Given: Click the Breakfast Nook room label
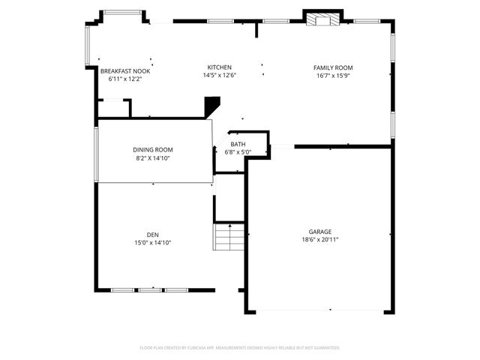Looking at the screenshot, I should [124, 70].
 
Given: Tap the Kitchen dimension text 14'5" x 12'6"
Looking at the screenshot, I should [219, 75].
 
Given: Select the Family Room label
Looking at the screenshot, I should [333, 67].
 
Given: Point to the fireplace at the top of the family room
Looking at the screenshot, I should [322, 19].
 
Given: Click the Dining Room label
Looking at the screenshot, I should [153, 150].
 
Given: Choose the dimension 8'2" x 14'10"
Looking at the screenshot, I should [153, 158].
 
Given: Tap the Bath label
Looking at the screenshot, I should [238, 144].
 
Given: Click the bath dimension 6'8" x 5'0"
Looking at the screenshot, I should [238, 152].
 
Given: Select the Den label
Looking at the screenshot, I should [153, 235].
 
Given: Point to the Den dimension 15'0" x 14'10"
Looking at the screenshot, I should [153, 243].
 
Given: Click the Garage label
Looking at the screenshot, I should [319, 232].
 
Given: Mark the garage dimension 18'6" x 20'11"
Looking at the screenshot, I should [319, 240].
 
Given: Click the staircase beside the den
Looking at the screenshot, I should [229, 238].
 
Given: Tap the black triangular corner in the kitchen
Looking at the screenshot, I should [212, 106].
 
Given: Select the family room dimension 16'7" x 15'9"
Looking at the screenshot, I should [333, 75].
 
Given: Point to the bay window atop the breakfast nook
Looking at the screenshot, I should [122, 12].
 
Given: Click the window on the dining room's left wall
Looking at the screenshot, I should [96, 154].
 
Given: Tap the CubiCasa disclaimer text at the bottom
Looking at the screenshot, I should [240, 348].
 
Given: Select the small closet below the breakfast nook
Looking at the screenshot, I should [113, 108].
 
